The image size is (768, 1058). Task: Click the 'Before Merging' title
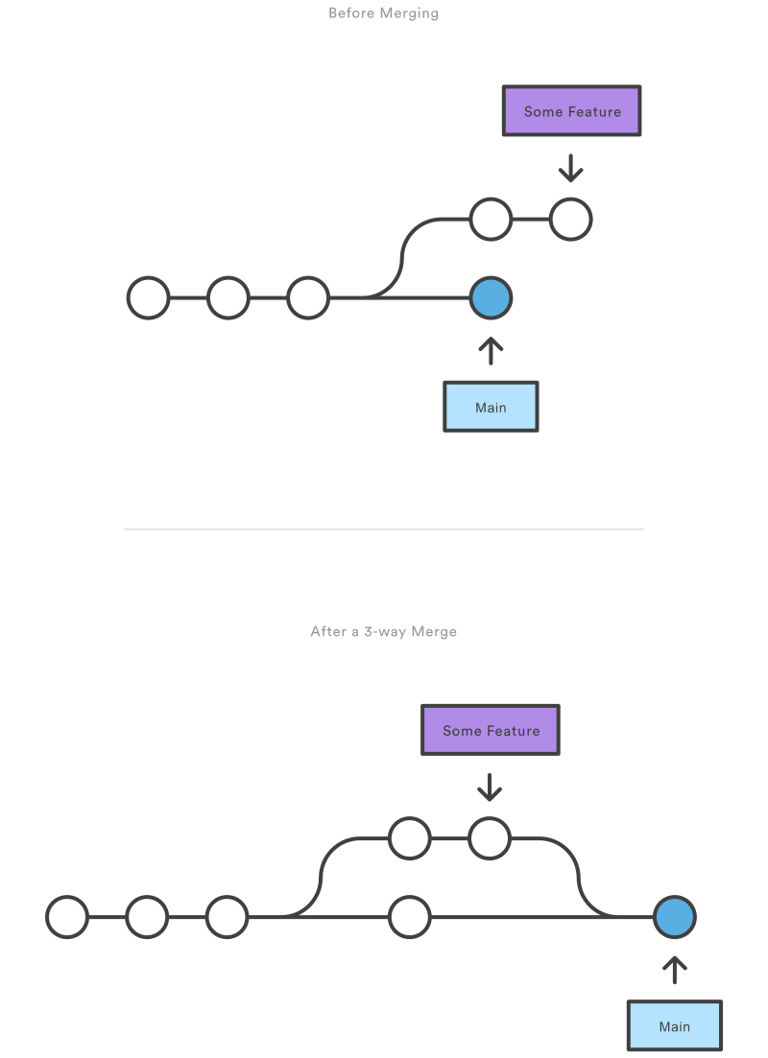tap(383, 13)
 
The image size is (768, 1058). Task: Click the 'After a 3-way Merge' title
tap(383, 632)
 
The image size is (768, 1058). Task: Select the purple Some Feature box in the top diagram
tap(571, 111)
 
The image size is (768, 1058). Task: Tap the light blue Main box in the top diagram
tap(491, 407)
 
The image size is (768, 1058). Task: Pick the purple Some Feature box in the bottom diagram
tap(491, 730)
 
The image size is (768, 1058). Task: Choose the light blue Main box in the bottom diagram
tap(674, 1025)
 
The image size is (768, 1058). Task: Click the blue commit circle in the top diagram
tap(491, 298)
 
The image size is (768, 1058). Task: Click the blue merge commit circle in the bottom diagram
tap(674, 917)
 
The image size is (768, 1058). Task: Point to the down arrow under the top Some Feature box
tap(571, 168)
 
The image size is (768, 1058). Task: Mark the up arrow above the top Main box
tap(491, 350)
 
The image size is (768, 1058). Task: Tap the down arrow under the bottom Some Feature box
tap(490, 787)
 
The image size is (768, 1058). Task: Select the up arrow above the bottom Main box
tap(674, 970)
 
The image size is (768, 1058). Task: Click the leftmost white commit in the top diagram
tap(149, 298)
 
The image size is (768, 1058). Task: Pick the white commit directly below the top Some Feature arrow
tap(571, 220)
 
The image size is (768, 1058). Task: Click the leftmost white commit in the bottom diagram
tap(67, 917)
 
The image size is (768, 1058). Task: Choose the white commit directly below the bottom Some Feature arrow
tap(490, 838)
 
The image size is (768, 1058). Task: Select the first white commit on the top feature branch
tap(491, 220)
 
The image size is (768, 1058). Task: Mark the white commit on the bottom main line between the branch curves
tap(410, 917)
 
